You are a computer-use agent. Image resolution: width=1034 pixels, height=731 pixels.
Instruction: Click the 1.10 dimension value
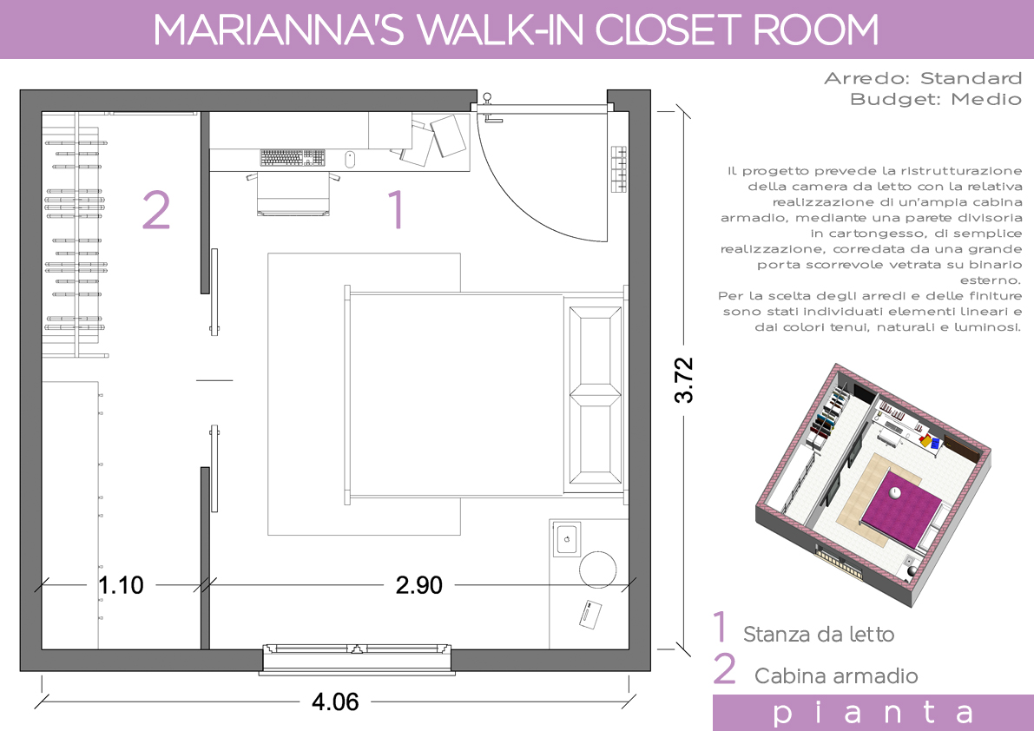point(121,584)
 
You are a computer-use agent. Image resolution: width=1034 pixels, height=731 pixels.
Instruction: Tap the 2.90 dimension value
point(419,584)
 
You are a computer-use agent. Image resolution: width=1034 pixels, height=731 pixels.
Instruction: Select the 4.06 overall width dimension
point(336,702)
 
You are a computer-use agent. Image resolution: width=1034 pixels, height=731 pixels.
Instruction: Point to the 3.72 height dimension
point(684,379)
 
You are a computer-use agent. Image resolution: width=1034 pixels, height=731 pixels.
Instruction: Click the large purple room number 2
point(156,210)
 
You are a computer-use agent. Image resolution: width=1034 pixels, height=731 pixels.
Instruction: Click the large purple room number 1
point(396,209)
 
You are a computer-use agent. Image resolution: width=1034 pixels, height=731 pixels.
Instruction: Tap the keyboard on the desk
point(293,157)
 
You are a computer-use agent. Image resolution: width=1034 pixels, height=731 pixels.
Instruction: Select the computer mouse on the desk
point(350,159)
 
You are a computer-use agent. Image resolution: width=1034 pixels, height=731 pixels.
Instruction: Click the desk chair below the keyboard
point(293,193)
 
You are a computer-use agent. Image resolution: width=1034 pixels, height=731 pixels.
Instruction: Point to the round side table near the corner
point(598,570)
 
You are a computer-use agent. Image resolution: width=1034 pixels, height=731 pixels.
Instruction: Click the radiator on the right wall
point(618,168)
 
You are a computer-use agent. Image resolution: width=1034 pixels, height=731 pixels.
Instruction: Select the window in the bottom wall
point(357,659)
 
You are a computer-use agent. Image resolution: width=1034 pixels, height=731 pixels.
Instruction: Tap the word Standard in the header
point(971,78)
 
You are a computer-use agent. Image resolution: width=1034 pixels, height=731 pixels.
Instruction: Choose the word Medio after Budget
point(986,100)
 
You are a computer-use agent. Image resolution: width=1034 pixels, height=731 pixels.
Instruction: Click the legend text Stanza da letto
point(819,634)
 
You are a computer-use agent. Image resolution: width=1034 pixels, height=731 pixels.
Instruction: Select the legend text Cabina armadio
point(836,675)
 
